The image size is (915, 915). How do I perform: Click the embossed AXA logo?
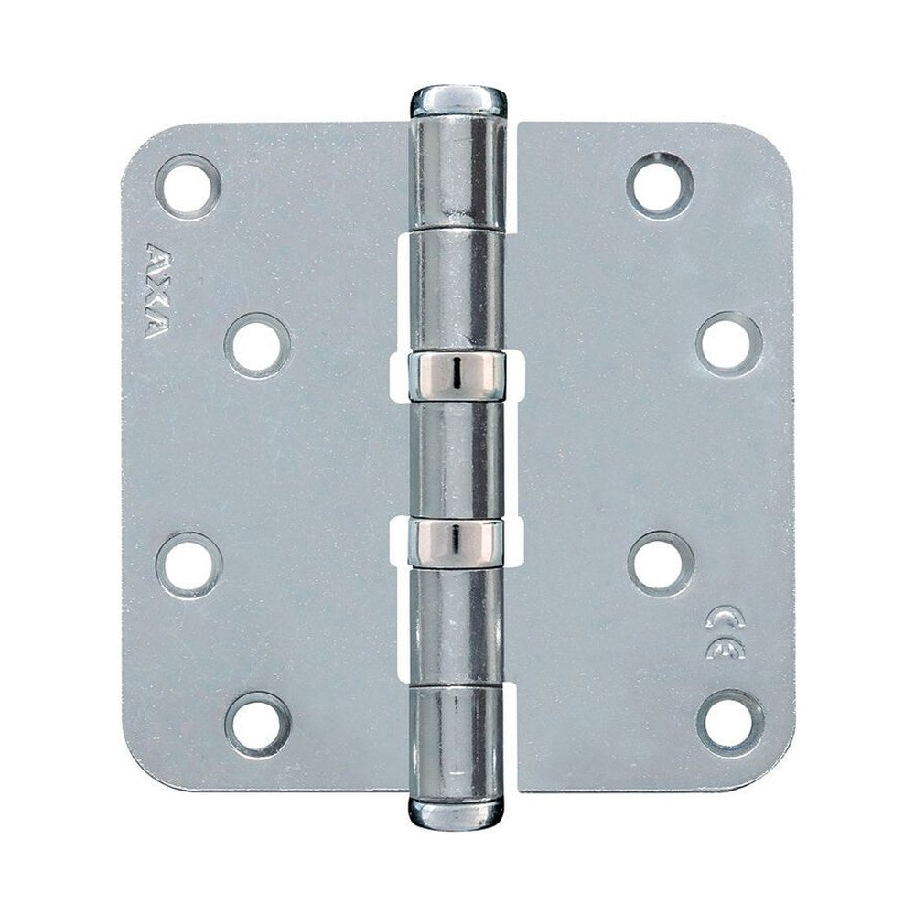coord(155,291)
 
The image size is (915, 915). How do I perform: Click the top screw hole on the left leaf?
coord(188,186)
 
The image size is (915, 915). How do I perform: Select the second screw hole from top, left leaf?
coord(258,346)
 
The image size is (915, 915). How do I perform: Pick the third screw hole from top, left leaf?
coord(189,563)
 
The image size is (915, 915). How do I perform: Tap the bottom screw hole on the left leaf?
coord(257,724)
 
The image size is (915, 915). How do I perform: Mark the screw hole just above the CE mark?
coord(660,564)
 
